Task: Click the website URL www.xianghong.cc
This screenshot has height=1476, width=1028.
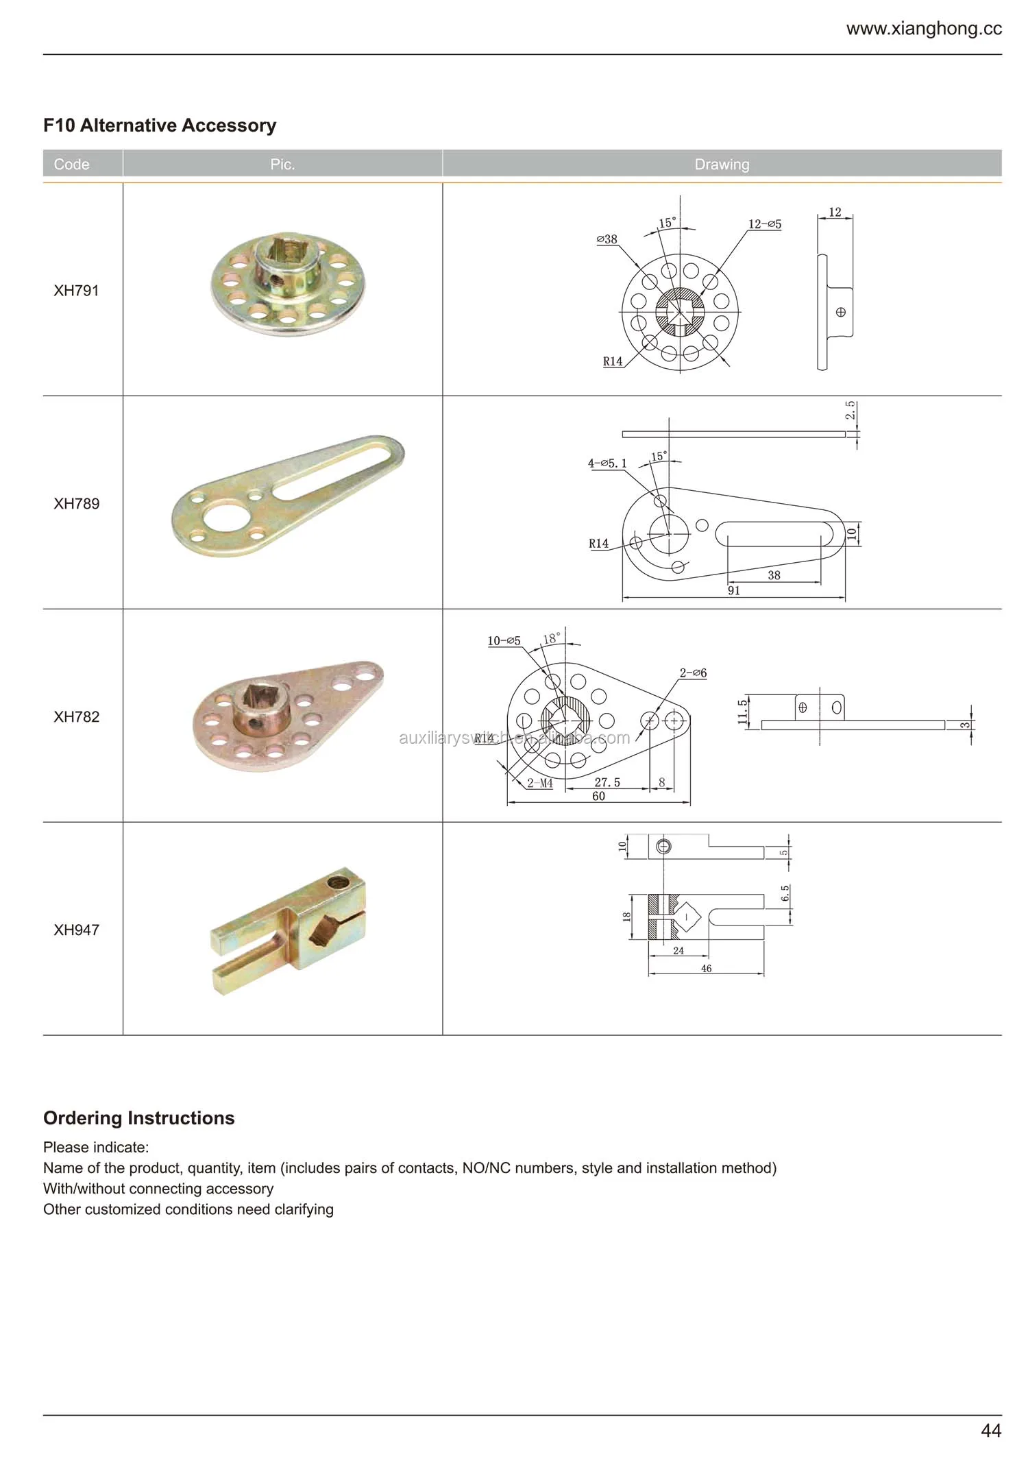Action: pyautogui.click(x=923, y=29)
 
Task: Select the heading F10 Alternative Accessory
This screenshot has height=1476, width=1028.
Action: pyautogui.click(x=160, y=125)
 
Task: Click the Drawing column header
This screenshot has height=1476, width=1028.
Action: pyautogui.click(x=722, y=165)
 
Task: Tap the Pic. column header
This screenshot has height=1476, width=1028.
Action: pyautogui.click(x=282, y=165)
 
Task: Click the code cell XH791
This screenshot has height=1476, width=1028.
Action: pyautogui.click(x=76, y=291)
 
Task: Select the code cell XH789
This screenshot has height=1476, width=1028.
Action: pyautogui.click(x=76, y=504)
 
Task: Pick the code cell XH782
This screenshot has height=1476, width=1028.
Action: pyautogui.click(x=76, y=717)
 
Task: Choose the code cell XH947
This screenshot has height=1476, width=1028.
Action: pyautogui.click(x=76, y=930)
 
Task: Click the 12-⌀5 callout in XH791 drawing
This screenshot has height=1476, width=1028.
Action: pyautogui.click(x=764, y=224)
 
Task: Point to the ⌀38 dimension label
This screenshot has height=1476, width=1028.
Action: pyautogui.click(x=607, y=239)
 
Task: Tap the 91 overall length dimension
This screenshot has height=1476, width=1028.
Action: pyautogui.click(x=733, y=591)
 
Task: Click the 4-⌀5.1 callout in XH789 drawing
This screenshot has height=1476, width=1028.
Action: pyautogui.click(x=607, y=463)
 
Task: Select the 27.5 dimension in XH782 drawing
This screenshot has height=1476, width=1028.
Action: pyautogui.click(x=607, y=782)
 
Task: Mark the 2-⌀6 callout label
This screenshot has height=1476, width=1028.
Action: pyautogui.click(x=693, y=673)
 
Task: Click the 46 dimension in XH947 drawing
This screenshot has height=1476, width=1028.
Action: pyautogui.click(x=706, y=969)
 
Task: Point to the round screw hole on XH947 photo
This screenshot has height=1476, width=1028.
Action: pyautogui.click(x=336, y=882)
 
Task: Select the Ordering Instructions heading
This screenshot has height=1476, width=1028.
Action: pyautogui.click(x=139, y=1118)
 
